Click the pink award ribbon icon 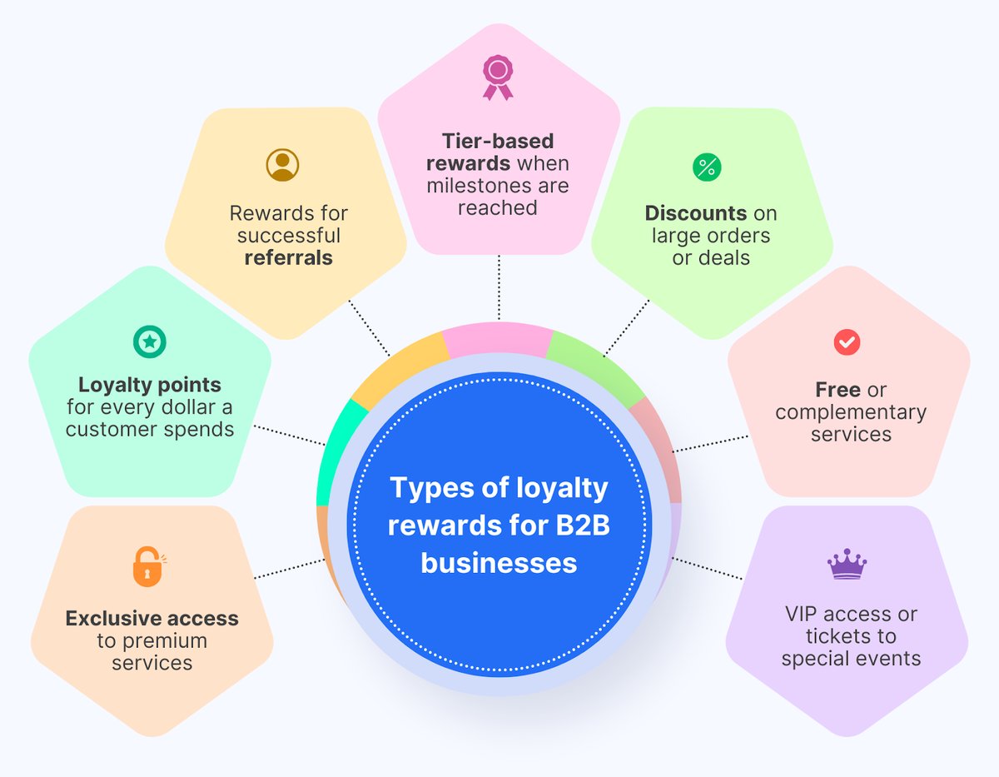pos(498,77)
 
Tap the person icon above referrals pos(282,164)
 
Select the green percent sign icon pos(707,167)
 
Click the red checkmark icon pos(847,341)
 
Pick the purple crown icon pos(847,565)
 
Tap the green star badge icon pos(150,341)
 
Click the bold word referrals pos(288,258)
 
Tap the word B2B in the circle pos(581,526)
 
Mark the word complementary pos(850,412)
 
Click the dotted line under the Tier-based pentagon pos(498,287)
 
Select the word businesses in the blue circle pos(498,563)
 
